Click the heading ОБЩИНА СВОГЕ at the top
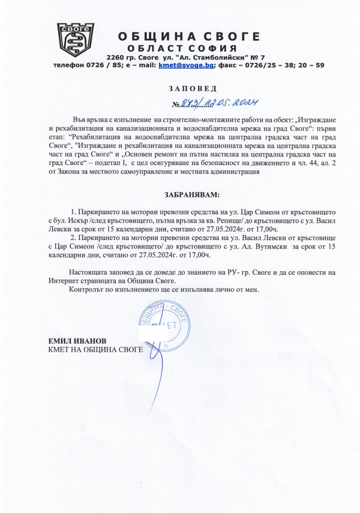click(189, 37)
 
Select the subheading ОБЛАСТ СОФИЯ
click(182, 48)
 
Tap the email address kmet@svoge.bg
click(181, 65)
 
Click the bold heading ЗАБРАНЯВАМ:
click(192, 195)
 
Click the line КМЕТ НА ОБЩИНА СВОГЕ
click(96, 349)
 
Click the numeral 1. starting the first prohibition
click(73, 213)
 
